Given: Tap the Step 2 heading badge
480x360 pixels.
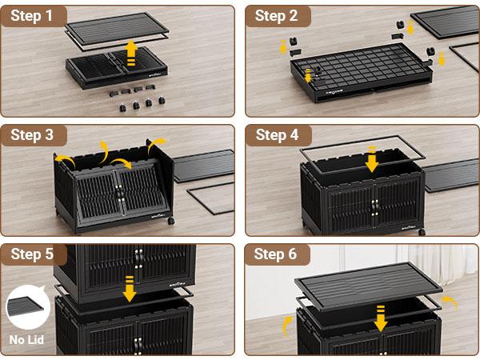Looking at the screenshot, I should pyautogui.click(x=277, y=16).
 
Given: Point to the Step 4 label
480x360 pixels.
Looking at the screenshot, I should pyautogui.click(x=277, y=135).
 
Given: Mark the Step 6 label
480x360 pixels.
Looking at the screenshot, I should pyautogui.click(x=277, y=254).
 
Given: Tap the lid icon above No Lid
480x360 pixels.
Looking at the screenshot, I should pyautogui.click(x=27, y=309).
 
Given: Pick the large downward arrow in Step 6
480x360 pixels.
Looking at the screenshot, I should pyautogui.click(x=380, y=317).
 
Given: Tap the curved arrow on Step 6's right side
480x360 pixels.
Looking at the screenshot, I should pyautogui.click(x=451, y=302).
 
